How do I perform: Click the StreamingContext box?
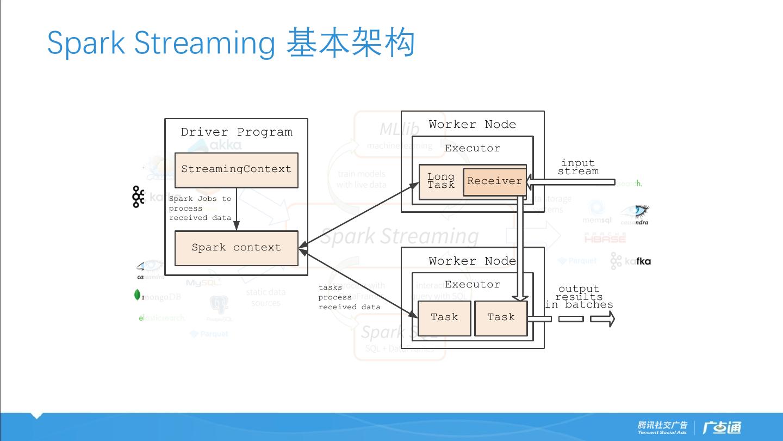pos(236,170)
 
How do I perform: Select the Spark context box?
pos(236,248)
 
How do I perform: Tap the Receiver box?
pos(494,181)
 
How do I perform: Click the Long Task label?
pos(441,181)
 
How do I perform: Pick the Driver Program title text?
pos(237,132)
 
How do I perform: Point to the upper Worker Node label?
pos(472,125)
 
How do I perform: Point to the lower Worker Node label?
pos(472,261)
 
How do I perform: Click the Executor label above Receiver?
pos(472,148)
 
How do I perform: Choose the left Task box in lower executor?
pos(444,317)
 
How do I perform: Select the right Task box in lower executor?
pos(501,317)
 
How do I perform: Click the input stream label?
pos(578,167)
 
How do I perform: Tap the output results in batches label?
pos(579,297)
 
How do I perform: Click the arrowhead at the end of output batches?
pos(604,318)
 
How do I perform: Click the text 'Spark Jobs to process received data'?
pos(200,209)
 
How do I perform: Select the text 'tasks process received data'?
pos(349,297)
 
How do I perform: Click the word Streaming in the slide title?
pos(204,42)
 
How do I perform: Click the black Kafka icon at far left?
pos(138,197)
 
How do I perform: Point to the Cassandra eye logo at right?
pos(635,214)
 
